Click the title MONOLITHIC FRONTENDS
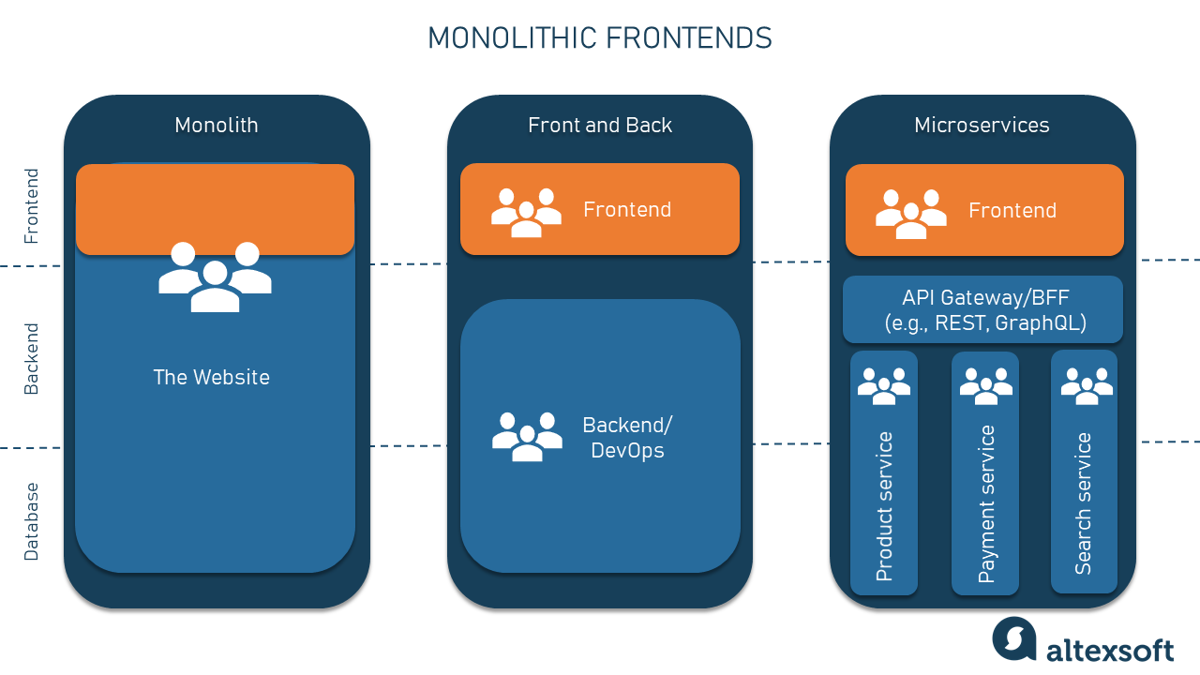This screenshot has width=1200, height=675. click(x=599, y=38)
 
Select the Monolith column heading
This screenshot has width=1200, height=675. click(x=217, y=126)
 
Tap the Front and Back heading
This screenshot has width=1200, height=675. click(x=600, y=126)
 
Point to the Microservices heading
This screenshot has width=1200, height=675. click(x=982, y=126)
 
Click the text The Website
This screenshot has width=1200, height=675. click(x=212, y=378)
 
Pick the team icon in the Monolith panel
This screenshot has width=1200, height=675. click(x=215, y=277)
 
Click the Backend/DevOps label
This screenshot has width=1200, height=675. click(x=627, y=438)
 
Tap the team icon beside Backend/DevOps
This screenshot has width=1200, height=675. click(x=527, y=436)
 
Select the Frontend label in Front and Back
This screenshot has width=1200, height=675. click(x=627, y=210)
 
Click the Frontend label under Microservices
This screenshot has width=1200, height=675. click(x=1012, y=211)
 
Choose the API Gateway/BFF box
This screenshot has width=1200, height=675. click(x=982, y=310)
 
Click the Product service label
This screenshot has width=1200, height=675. click(x=884, y=506)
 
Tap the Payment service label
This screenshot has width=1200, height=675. click(x=986, y=504)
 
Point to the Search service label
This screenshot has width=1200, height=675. click(x=1084, y=503)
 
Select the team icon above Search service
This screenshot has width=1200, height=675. click(x=1086, y=385)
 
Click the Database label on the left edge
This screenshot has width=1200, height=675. click(x=32, y=522)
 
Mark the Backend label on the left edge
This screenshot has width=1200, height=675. click(x=32, y=359)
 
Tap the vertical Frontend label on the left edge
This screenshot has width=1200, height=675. click(x=32, y=206)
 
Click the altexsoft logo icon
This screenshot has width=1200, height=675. click(x=1014, y=638)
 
